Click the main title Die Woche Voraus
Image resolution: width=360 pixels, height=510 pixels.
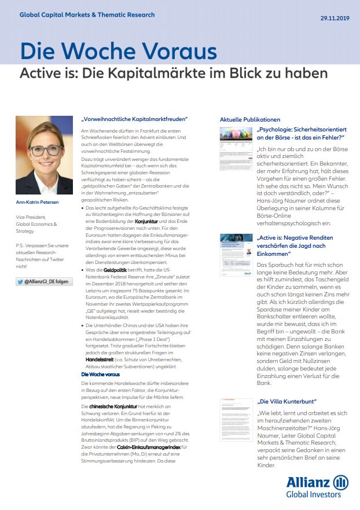click(118, 52)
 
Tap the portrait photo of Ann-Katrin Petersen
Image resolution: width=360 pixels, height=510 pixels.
click(40, 155)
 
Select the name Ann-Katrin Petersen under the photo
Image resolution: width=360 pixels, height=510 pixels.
click(38, 202)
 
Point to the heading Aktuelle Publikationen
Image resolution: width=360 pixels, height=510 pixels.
click(249, 119)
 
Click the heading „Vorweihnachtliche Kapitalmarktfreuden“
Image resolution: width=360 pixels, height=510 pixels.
click(134, 119)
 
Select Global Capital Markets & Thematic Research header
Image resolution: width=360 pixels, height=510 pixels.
click(87, 14)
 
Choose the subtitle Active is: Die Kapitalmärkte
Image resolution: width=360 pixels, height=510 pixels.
click(174, 74)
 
